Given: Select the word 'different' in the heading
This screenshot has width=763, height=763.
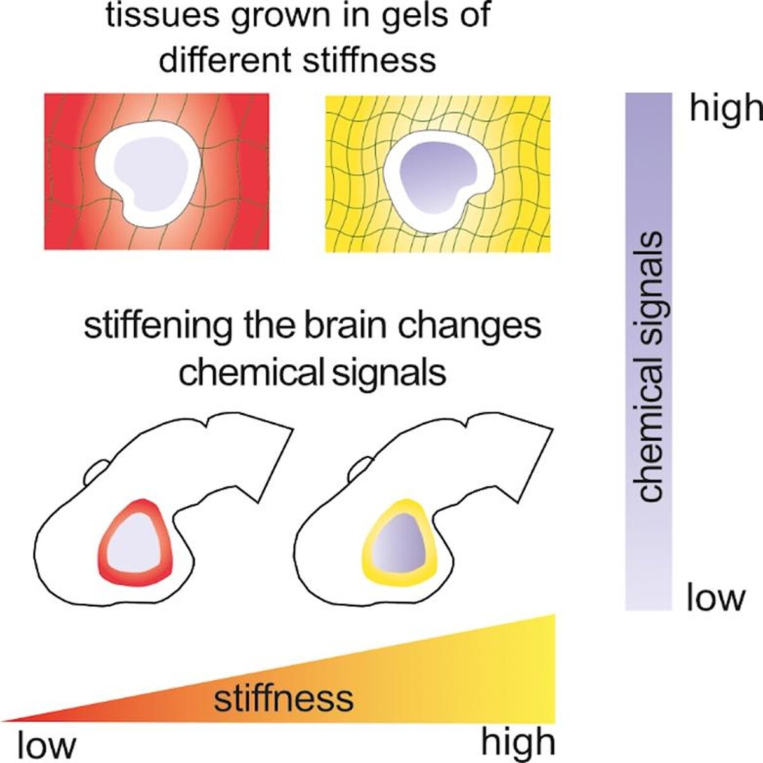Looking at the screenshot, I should point(224,59).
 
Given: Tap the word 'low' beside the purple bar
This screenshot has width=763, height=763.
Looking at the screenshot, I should point(715,598).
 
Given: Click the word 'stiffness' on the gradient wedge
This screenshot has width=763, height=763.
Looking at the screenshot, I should point(284,698).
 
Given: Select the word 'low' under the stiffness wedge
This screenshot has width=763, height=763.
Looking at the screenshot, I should point(46,744).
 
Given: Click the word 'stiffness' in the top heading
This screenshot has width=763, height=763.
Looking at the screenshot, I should point(369,59).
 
